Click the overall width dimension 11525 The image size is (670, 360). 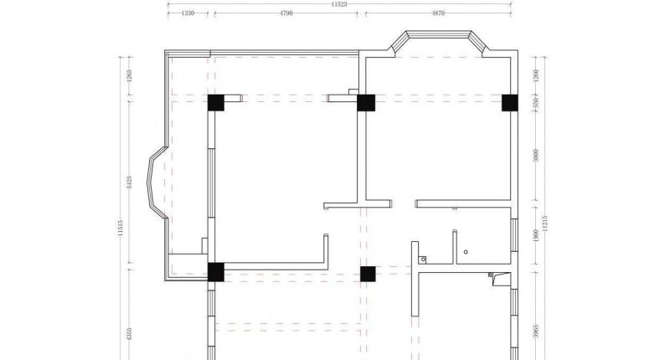pyautogui.click(x=338, y=4)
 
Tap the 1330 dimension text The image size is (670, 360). pyautogui.click(x=188, y=13)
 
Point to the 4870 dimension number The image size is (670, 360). pyautogui.click(x=438, y=13)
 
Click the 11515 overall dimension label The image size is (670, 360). pyautogui.click(x=120, y=228)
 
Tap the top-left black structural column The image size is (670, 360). pyautogui.click(x=216, y=103)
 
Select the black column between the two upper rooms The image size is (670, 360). pyautogui.click(x=365, y=103)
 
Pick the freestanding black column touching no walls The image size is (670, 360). pyautogui.click(x=367, y=273)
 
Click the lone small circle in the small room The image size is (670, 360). pyautogui.click(x=466, y=250)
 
